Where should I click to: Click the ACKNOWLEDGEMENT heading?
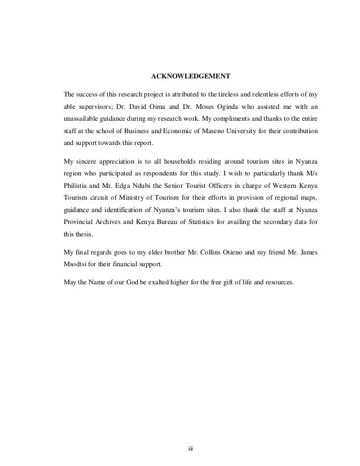[180, 75]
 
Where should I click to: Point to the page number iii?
[191, 449]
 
